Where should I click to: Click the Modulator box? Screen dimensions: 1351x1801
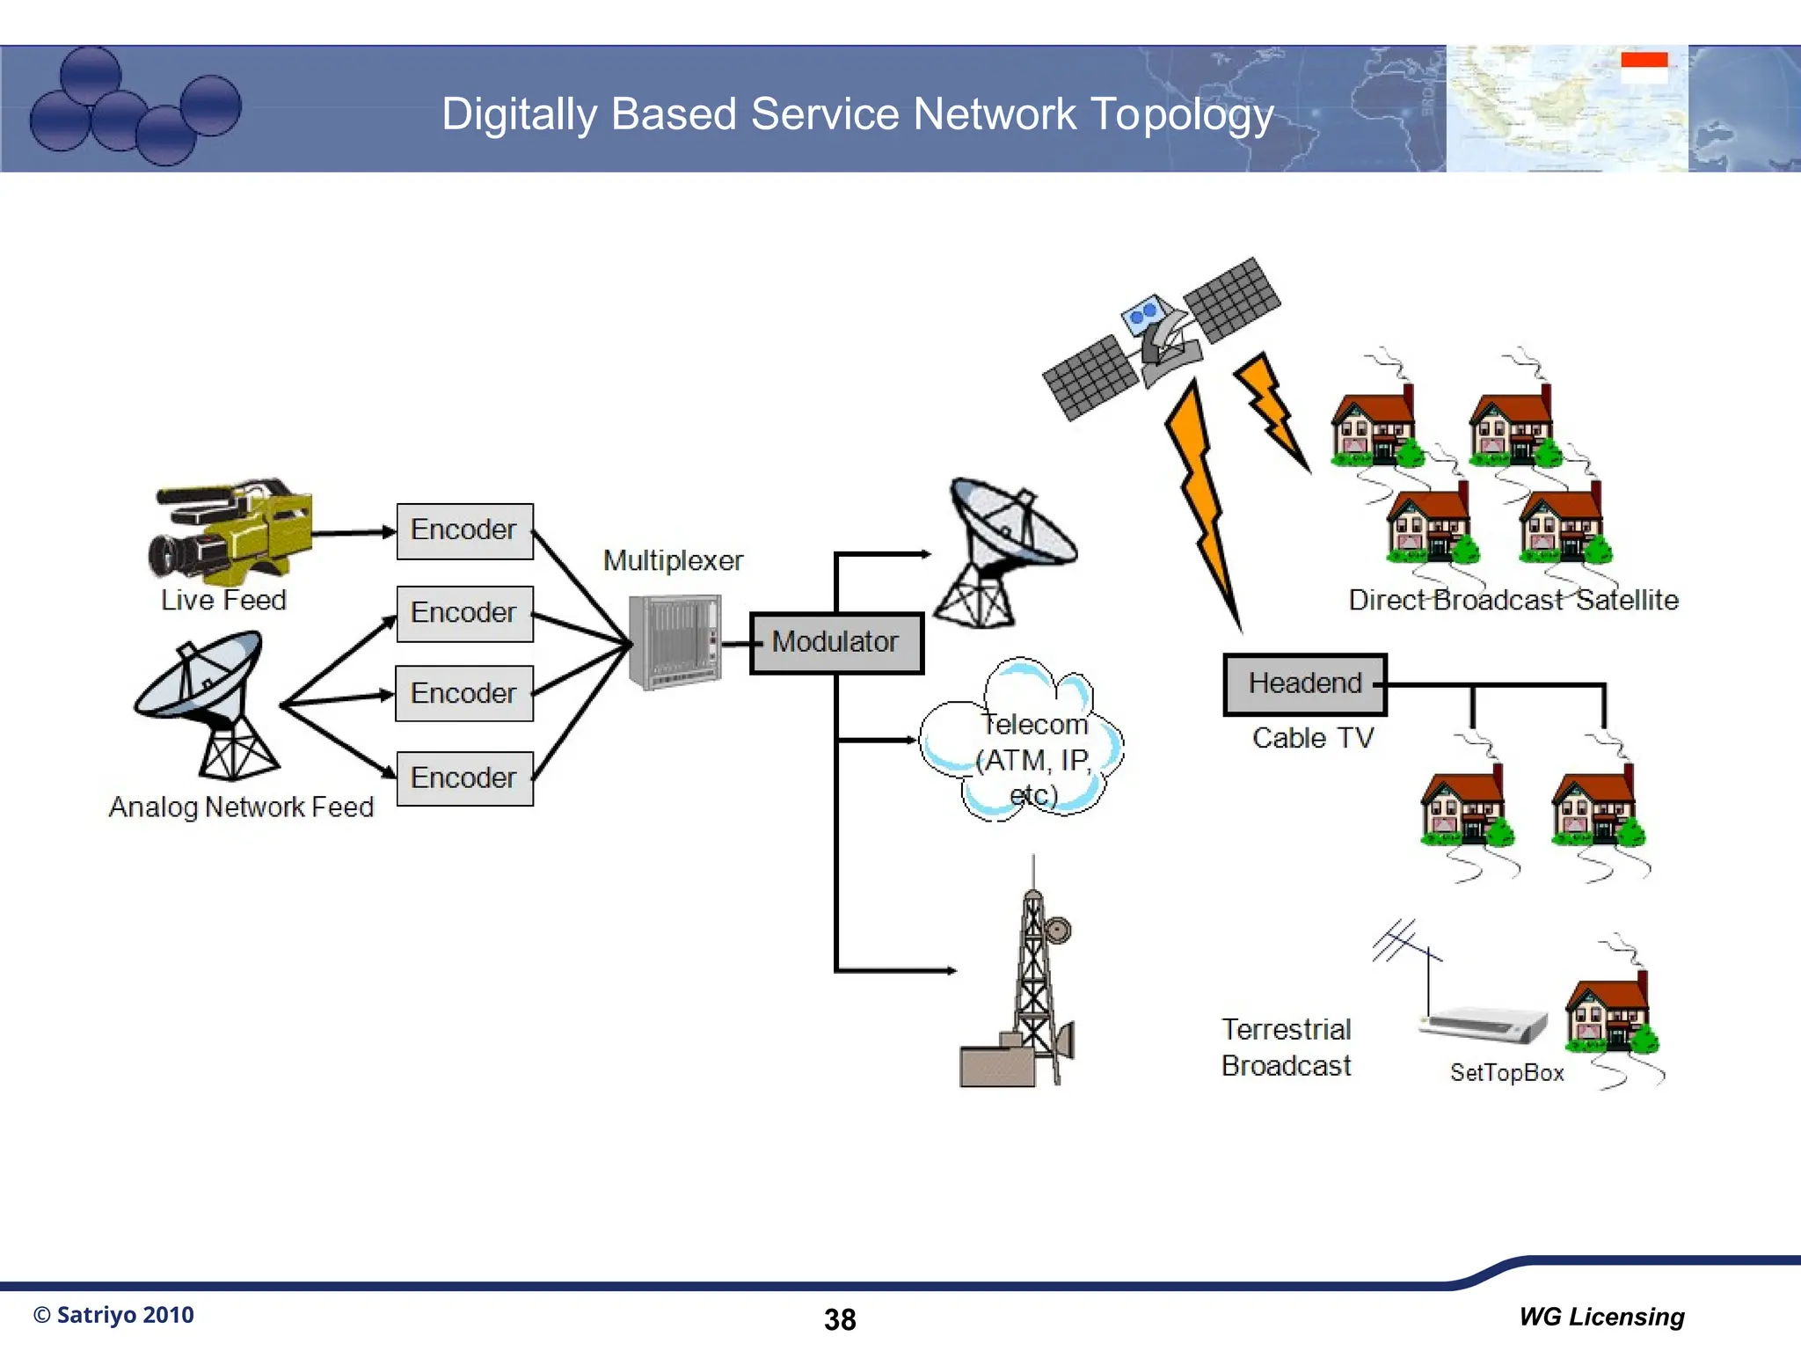pyautogui.click(x=835, y=643)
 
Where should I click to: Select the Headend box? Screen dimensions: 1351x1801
pyautogui.click(x=1304, y=683)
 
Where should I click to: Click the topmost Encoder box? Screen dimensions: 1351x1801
pyautogui.click(x=464, y=530)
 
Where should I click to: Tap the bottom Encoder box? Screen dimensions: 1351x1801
pyautogui.click(x=464, y=778)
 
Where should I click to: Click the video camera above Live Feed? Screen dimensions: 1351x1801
pyautogui.click(x=230, y=531)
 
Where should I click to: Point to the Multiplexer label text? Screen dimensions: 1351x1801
pyautogui.click(x=673, y=560)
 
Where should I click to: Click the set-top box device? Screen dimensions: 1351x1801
pyautogui.click(x=1484, y=1026)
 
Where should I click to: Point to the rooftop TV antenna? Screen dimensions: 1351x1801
pyautogui.click(x=1407, y=950)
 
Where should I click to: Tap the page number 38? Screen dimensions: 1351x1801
pyautogui.click(x=840, y=1319)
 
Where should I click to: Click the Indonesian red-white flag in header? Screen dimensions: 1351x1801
pyautogui.click(x=1644, y=67)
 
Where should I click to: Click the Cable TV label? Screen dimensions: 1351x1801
pyautogui.click(x=1312, y=738)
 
